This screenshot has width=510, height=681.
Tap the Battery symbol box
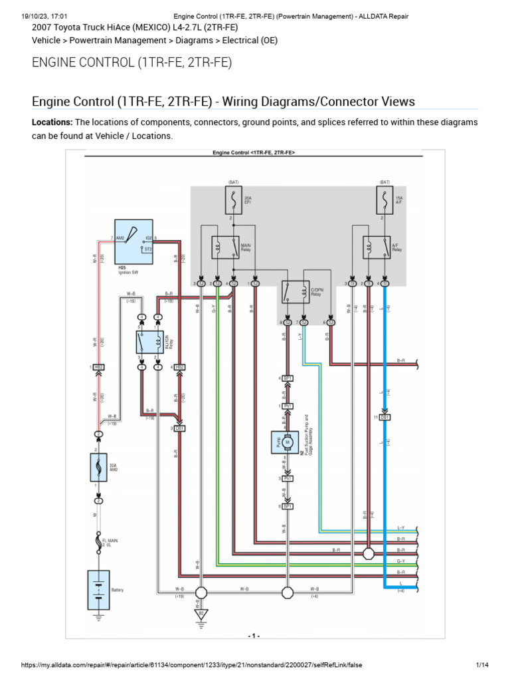[x=98, y=590]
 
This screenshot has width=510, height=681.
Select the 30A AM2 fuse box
[x=98, y=468]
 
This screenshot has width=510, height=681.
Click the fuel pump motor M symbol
[x=288, y=442]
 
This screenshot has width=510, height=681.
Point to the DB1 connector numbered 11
[x=385, y=417]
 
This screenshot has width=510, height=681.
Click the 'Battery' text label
[x=118, y=590]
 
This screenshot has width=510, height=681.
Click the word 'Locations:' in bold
[x=52, y=123]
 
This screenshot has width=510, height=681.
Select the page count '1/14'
[x=482, y=665]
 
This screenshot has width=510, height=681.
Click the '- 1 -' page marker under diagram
[x=254, y=636]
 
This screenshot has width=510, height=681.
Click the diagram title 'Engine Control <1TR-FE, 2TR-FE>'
[x=254, y=153]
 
